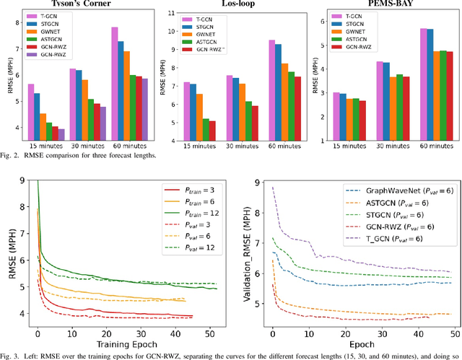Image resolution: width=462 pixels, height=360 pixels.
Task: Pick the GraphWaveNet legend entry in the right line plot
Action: tap(400, 193)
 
